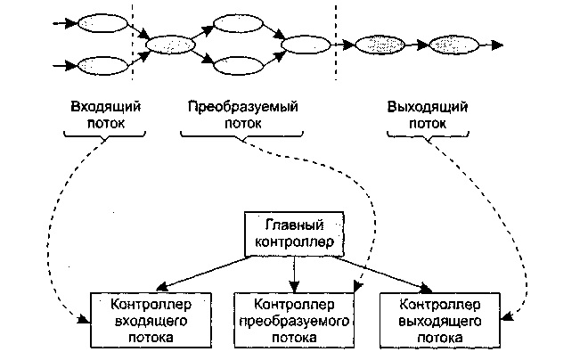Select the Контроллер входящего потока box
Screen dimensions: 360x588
[143, 318]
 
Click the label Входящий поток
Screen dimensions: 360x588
[106, 115]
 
